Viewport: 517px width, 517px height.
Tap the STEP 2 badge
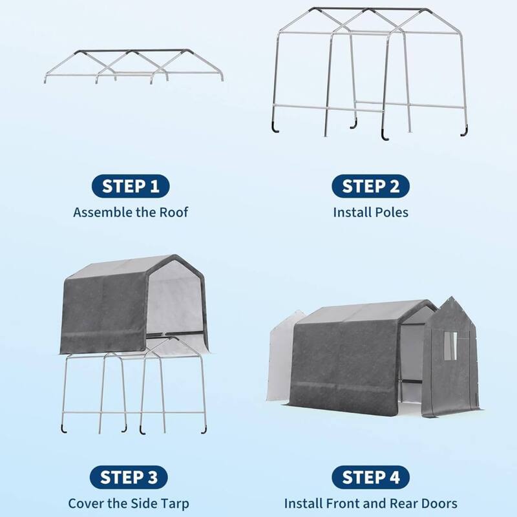(370, 187)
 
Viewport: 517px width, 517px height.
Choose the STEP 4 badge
(370, 478)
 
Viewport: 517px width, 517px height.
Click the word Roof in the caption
(174, 212)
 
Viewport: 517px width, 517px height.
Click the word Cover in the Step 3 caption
(85, 503)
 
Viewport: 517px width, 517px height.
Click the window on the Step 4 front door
(450, 346)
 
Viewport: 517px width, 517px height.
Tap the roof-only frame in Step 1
(134, 66)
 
